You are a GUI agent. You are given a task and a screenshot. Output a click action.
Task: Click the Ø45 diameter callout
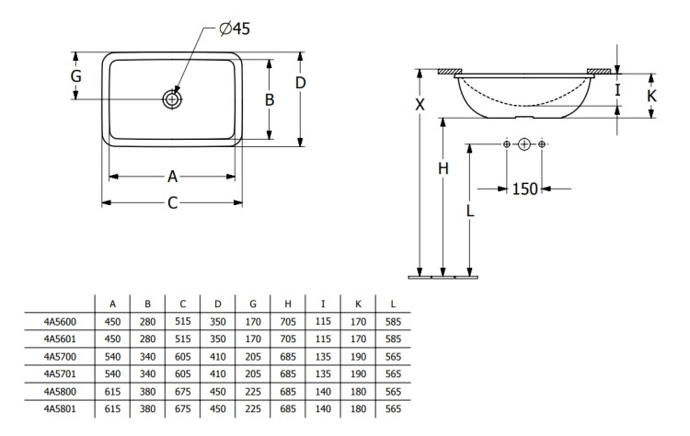click(x=235, y=29)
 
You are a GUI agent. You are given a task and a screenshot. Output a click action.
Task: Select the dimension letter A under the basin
click(x=172, y=176)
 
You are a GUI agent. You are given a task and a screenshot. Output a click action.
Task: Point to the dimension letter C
click(x=172, y=203)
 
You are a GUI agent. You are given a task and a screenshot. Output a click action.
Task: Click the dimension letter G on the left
click(x=76, y=76)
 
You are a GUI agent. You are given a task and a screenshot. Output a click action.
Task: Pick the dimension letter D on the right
click(x=300, y=84)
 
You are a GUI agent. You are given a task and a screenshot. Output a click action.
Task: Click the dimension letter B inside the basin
click(x=270, y=100)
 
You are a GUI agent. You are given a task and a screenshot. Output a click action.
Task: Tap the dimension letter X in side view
click(x=420, y=104)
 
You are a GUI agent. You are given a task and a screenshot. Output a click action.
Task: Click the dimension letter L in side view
click(x=469, y=210)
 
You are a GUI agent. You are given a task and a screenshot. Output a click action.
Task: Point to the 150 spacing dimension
click(x=524, y=189)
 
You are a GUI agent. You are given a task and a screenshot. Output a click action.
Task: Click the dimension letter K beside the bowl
click(x=651, y=95)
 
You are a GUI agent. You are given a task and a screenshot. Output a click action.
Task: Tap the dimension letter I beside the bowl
click(x=618, y=90)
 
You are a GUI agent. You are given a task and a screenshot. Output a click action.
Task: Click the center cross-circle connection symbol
click(x=524, y=144)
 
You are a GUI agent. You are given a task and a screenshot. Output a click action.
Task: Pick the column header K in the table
click(x=358, y=303)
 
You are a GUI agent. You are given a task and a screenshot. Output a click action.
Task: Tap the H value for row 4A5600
click(x=288, y=320)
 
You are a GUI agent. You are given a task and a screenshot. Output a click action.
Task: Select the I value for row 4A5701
click(x=323, y=372)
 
